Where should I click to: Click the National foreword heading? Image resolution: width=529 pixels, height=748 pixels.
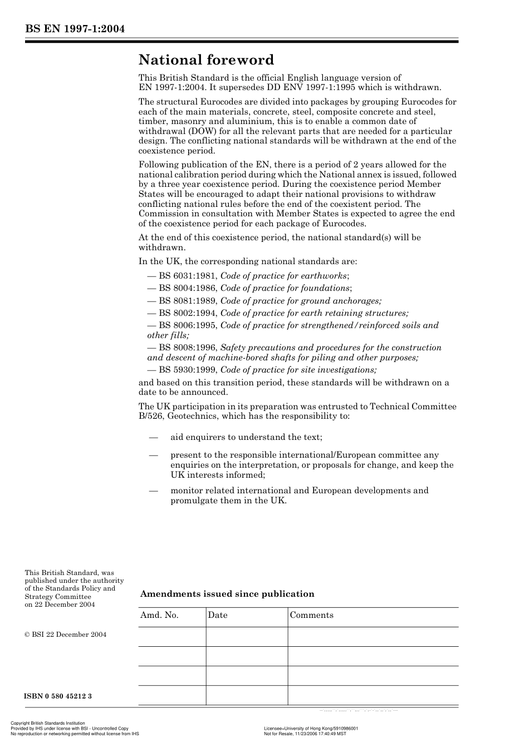click(206, 60)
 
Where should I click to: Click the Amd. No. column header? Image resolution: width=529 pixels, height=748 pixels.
click(159, 615)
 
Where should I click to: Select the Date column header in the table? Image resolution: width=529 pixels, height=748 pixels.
click(218, 615)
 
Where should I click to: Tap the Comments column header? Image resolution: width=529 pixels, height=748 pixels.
click(311, 615)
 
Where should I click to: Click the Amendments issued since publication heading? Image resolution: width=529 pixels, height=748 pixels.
click(227, 594)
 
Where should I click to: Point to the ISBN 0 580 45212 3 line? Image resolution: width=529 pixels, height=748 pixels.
click(58, 696)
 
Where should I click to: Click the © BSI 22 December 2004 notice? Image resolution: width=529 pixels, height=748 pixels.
click(66, 635)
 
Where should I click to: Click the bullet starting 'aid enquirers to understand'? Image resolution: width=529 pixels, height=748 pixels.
click(246, 437)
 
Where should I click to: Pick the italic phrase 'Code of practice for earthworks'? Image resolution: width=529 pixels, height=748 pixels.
click(283, 276)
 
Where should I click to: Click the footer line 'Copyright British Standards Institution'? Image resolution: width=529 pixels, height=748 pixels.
click(48, 724)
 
